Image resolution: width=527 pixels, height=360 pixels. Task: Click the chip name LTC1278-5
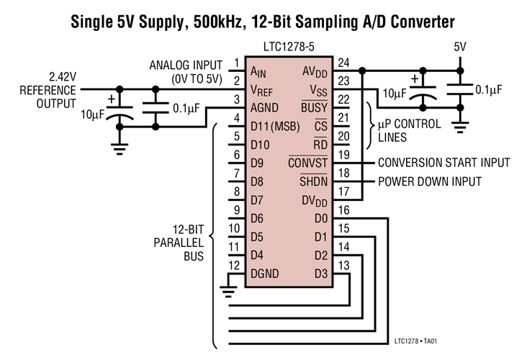[289, 48]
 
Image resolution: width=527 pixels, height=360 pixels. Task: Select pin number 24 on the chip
[343, 63]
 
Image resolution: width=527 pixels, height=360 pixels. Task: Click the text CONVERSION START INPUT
[443, 163]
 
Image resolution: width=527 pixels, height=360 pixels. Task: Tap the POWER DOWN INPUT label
[429, 181]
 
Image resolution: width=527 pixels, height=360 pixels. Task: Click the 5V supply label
[460, 48]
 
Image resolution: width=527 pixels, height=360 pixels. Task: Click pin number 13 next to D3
[343, 264]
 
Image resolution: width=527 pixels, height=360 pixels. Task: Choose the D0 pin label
[320, 218]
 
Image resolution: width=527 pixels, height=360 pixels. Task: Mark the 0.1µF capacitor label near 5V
[488, 89]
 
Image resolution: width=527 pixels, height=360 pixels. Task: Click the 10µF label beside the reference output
[92, 115]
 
